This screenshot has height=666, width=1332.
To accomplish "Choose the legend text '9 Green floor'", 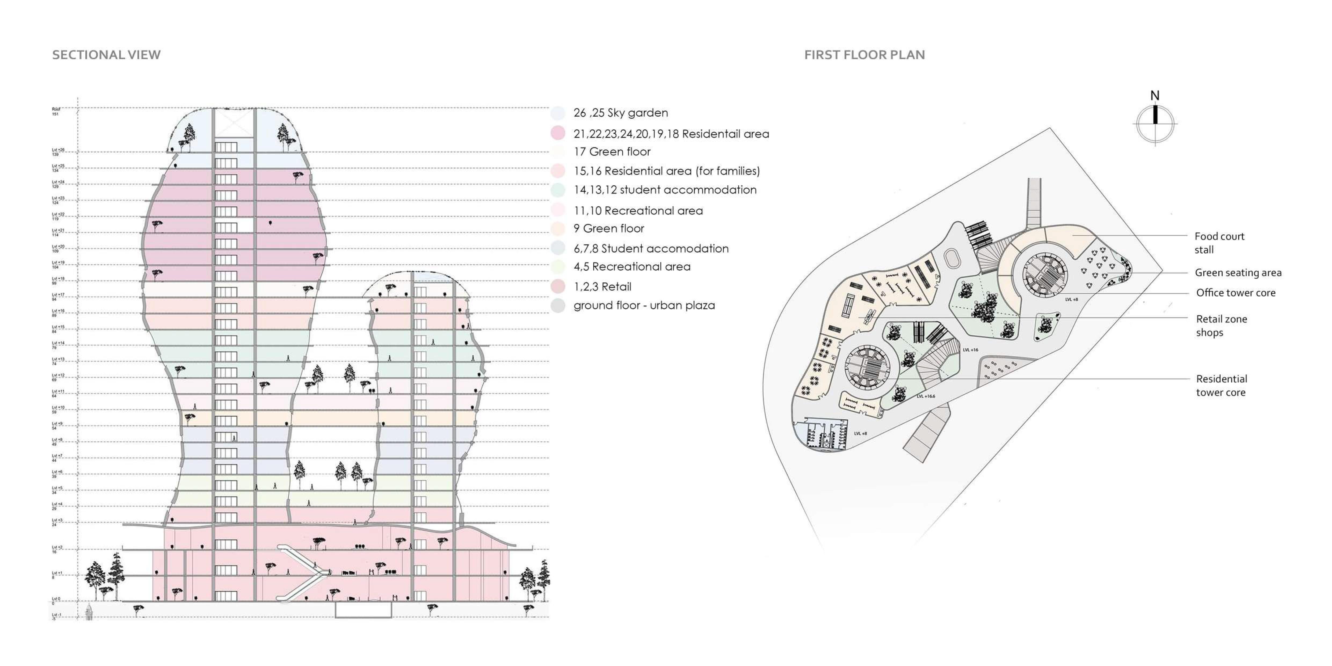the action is (x=609, y=228).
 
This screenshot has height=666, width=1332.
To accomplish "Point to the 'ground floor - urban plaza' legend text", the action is (x=644, y=305).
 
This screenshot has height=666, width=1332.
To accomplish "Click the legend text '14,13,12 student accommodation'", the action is (x=665, y=190).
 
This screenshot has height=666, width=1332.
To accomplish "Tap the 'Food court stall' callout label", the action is (x=1219, y=243).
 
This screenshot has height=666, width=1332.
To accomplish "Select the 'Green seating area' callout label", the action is (x=1238, y=273).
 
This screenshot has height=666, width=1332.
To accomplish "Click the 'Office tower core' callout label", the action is (x=1235, y=293).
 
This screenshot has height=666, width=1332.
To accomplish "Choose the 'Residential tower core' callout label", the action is (x=1221, y=386).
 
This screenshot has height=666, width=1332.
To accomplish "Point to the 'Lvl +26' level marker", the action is (x=58, y=152).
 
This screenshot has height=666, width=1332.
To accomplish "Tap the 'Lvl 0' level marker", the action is (x=56, y=600).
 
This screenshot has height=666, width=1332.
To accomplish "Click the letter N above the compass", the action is (x=1155, y=96).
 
